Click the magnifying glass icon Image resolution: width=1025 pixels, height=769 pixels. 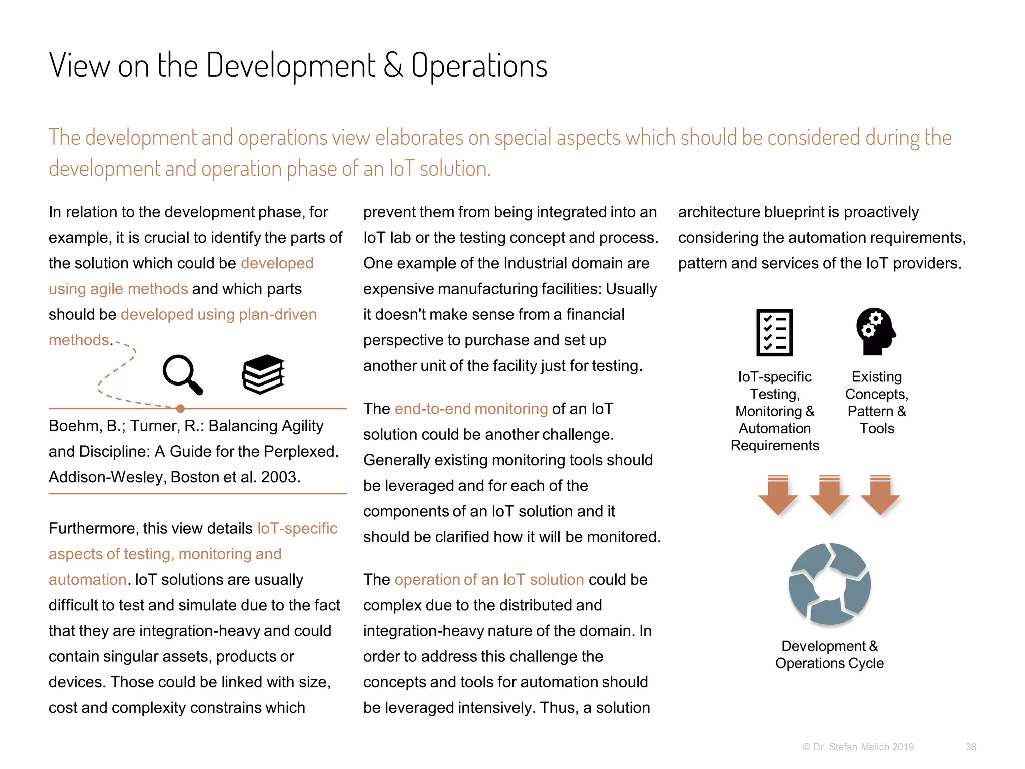pyautogui.click(x=182, y=374)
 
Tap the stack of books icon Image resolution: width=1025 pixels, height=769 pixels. pyautogui.click(x=264, y=374)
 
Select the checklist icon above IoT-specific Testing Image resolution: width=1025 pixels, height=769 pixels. pyautogui.click(x=774, y=332)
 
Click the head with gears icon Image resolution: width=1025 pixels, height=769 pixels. pyautogui.click(x=875, y=331)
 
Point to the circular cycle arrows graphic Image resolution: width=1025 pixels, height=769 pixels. pyautogui.click(x=829, y=584)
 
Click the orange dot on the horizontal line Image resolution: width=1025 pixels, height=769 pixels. pyautogui.click(x=180, y=408)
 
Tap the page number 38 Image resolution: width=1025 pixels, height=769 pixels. pyautogui.click(x=971, y=747)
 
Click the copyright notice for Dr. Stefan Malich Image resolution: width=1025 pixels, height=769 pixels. pyautogui.click(x=858, y=747)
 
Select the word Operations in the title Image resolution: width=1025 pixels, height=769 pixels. pyautogui.click(x=479, y=66)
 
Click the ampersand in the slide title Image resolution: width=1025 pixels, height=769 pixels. pyautogui.click(x=393, y=66)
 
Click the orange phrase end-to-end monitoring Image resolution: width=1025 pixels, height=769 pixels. pyautogui.click(x=471, y=409)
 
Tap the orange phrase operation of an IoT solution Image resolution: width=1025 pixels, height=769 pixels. pyautogui.click(x=489, y=579)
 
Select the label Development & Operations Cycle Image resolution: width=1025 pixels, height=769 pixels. pyautogui.click(x=829, y=654)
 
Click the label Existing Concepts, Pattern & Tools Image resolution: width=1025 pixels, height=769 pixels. pyautogui.click(x=877, y=402)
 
